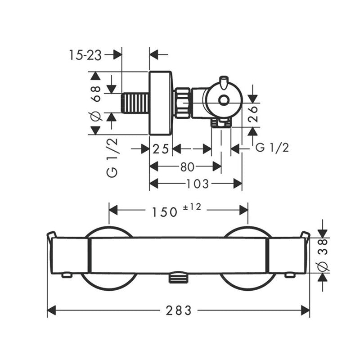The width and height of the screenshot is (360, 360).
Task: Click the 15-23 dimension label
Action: tap(85, 55)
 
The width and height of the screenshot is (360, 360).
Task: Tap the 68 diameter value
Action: tap(95, 90)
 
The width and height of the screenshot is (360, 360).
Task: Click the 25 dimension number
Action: tap(161, 149)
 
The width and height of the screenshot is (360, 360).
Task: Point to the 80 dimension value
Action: tap(187, 167)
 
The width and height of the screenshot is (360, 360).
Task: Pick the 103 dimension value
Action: tap(197, 184)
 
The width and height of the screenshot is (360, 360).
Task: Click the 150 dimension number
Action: tap(164, 211)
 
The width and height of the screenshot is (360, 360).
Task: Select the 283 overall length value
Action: tap(178, 310)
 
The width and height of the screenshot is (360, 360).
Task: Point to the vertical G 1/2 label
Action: tap(113, 157)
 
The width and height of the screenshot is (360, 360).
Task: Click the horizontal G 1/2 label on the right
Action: tap(272, 147)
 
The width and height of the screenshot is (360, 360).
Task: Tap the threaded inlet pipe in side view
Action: tap(135, 103)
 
